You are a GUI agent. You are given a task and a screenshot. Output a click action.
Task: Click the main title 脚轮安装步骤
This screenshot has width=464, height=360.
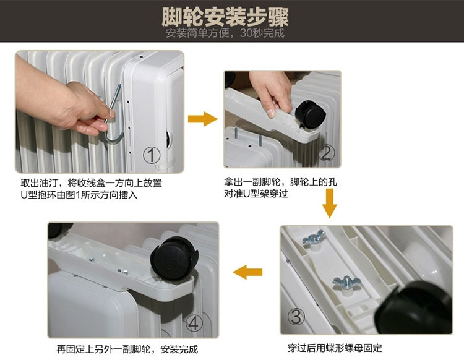(x=225, y=17)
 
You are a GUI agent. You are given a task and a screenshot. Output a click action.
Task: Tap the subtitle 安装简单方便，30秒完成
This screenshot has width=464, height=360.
(x=225, y=33)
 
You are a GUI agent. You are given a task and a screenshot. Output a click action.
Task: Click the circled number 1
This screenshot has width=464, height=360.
(x=152, y=155)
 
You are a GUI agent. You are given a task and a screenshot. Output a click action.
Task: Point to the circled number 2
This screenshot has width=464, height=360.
(x=326, y=153)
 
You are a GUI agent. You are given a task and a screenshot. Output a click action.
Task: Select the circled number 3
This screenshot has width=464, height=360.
(x=296, y=317)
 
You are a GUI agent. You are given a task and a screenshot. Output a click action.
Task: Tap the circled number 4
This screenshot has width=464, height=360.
(x=194, y=323)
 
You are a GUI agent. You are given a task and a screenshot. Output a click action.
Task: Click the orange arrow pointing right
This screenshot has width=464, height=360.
(x=203, y=119)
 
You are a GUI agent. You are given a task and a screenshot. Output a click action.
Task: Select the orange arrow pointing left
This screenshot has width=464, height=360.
(x=247, y=272)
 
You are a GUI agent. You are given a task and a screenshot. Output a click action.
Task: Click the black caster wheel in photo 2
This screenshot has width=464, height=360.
(x=310, y=114)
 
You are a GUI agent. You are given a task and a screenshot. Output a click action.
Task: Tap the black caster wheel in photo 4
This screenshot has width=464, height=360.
(x=174, y=259)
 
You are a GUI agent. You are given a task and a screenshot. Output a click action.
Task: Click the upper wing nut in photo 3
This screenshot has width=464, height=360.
(x=313, y=238)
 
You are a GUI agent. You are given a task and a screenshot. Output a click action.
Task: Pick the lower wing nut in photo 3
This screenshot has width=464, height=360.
(x=344, y=283)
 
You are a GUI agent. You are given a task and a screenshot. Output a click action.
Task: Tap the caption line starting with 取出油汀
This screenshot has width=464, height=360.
(x=91, y=183)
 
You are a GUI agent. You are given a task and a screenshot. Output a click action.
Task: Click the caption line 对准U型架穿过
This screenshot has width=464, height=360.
(x=256, y=194)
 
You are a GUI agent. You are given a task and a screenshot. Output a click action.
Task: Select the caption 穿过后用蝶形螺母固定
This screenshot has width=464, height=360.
(x=335, y=348)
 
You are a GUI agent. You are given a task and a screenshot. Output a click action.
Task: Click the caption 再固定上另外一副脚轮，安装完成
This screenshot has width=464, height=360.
(x=127, y=349)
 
